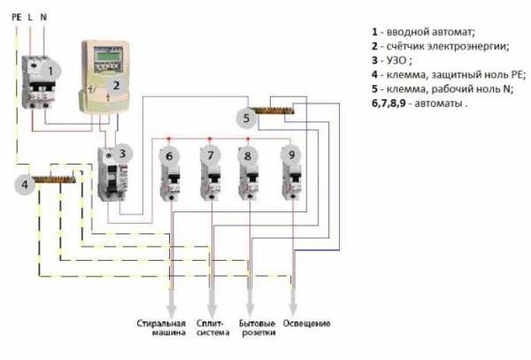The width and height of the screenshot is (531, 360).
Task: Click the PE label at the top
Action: click(17, 17)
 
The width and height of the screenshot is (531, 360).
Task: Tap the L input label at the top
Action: click(31, 17)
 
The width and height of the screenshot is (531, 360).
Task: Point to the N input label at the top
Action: click(44, 17)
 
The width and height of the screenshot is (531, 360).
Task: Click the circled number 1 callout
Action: click(52, 70)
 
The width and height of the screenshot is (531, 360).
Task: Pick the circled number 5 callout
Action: click(246, 118)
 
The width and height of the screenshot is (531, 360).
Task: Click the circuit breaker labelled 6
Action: click(170, 172)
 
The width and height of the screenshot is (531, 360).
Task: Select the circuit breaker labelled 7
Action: click(211, 172)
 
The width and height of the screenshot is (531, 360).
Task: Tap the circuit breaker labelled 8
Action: click(250, 172)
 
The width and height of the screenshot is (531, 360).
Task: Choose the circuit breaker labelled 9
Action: click(291, 172)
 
